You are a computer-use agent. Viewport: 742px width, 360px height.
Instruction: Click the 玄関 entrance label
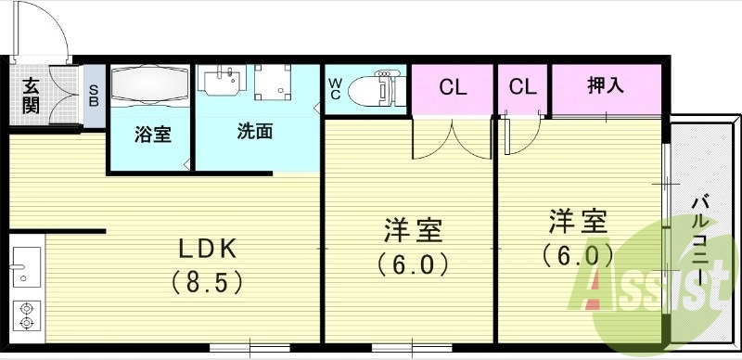(x=30, y=96)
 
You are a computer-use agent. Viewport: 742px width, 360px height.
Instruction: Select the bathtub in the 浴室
(x=150, y=89)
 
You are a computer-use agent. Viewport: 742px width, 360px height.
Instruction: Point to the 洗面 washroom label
(x=254, y=131)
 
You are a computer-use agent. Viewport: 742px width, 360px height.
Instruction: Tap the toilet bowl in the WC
(x=380, y=89)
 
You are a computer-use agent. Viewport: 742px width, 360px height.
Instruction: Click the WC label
(x=335, y=88)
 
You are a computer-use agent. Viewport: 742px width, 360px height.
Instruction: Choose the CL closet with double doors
(x=452, y=88)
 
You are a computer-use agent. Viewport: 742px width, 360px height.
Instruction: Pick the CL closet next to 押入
(x=523, y=88)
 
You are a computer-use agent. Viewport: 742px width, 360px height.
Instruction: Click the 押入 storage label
(x=606, y=86)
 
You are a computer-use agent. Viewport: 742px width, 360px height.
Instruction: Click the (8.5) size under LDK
(x=210, y=278)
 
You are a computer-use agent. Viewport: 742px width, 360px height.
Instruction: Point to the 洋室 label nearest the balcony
(x=578, y=222)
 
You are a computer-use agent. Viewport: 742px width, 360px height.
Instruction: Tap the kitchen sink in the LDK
(x=24, y=266)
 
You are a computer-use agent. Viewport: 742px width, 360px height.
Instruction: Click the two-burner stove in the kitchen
(x=25, y=315)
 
